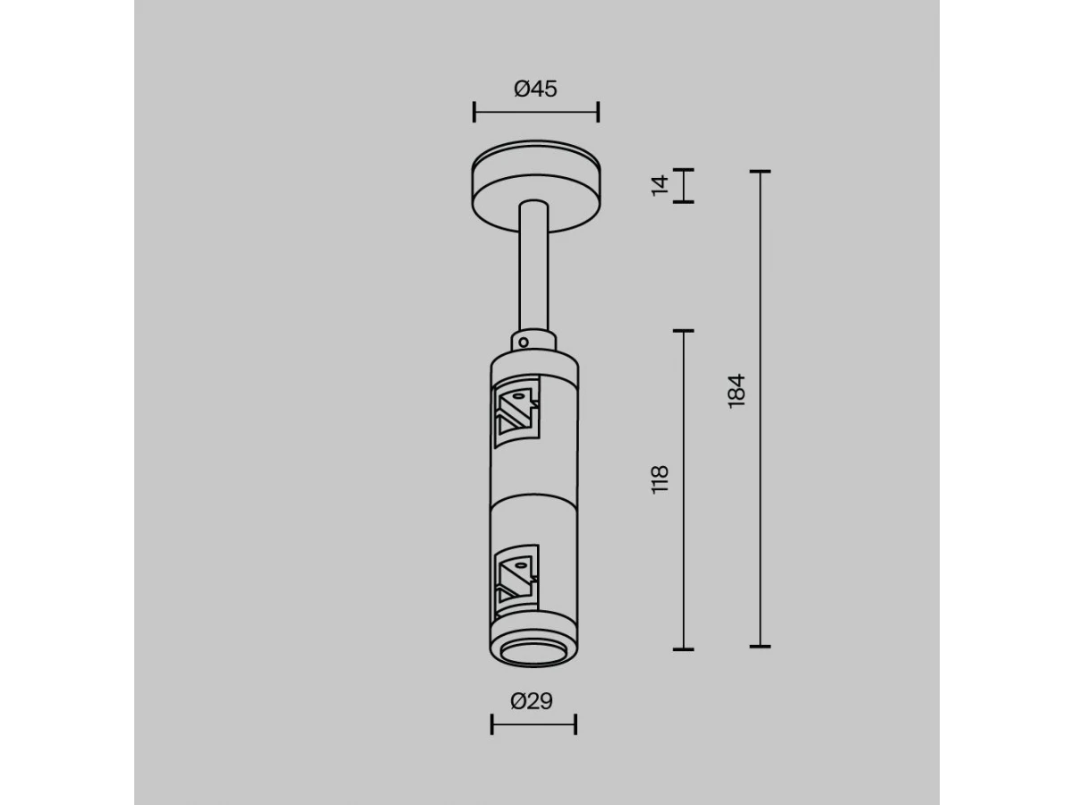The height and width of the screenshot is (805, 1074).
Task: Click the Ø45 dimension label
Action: click(x=535, y=89)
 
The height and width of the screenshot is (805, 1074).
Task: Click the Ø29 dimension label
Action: click(x=532, y=701)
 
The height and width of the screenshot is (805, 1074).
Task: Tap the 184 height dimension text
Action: click(x=737, y=391)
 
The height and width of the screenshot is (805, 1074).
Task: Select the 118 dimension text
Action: click(x=660, y=479)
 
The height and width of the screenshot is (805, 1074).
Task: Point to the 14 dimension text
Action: click(x=660, y=185)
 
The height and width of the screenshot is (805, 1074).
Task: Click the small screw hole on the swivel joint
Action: click(x=524, y=343)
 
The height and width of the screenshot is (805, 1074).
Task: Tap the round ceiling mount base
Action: click(x=536, y=186)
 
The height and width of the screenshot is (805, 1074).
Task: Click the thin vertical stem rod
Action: click(x=533, y=267)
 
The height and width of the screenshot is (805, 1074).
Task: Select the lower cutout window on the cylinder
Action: click(x=516, y=580)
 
